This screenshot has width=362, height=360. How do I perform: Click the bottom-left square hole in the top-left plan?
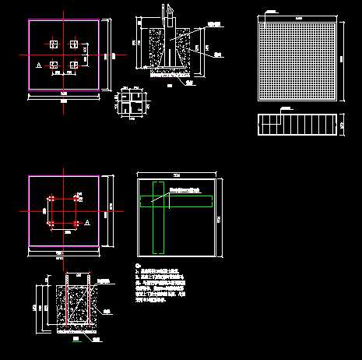[x=53, y=65]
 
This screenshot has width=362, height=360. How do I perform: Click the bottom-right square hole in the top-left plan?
[x=73, y=65]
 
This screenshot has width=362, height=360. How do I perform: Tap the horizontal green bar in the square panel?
[x=176, y=202]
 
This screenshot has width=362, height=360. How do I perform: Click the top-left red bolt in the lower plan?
[x=51, y=199]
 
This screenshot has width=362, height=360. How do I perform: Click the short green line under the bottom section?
[x=76, y=339]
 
